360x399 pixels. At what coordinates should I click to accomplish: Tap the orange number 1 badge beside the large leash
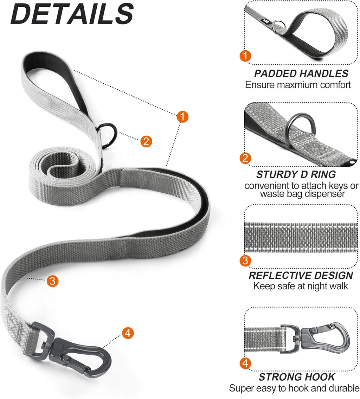182,116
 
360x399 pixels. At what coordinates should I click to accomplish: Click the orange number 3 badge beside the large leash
52,281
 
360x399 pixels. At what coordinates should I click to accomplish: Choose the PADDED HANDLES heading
301,73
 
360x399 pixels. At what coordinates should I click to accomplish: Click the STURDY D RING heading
296,174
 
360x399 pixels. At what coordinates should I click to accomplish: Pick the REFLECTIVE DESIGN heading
301,275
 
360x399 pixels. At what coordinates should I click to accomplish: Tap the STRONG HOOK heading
297,377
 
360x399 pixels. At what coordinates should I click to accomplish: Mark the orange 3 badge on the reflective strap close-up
245,261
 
